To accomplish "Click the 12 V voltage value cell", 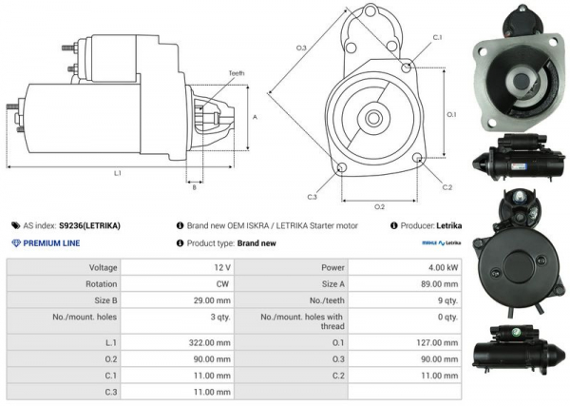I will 221,268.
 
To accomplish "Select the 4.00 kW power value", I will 444,268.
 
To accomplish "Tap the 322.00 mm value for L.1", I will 208,341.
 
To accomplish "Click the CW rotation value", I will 222,283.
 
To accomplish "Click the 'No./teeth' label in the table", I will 324,299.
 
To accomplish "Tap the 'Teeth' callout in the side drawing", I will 237,74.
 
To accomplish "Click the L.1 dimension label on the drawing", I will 118,173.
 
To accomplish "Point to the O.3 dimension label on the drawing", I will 301,47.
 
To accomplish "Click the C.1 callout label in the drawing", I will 437,36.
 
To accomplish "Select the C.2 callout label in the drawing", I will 447,187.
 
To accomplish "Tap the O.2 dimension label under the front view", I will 379,206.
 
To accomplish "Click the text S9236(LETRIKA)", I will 89,226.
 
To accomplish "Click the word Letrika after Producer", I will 448,226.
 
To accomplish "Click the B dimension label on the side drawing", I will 194,187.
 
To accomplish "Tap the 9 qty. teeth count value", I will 446,299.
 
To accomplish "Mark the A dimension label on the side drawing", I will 255,117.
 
